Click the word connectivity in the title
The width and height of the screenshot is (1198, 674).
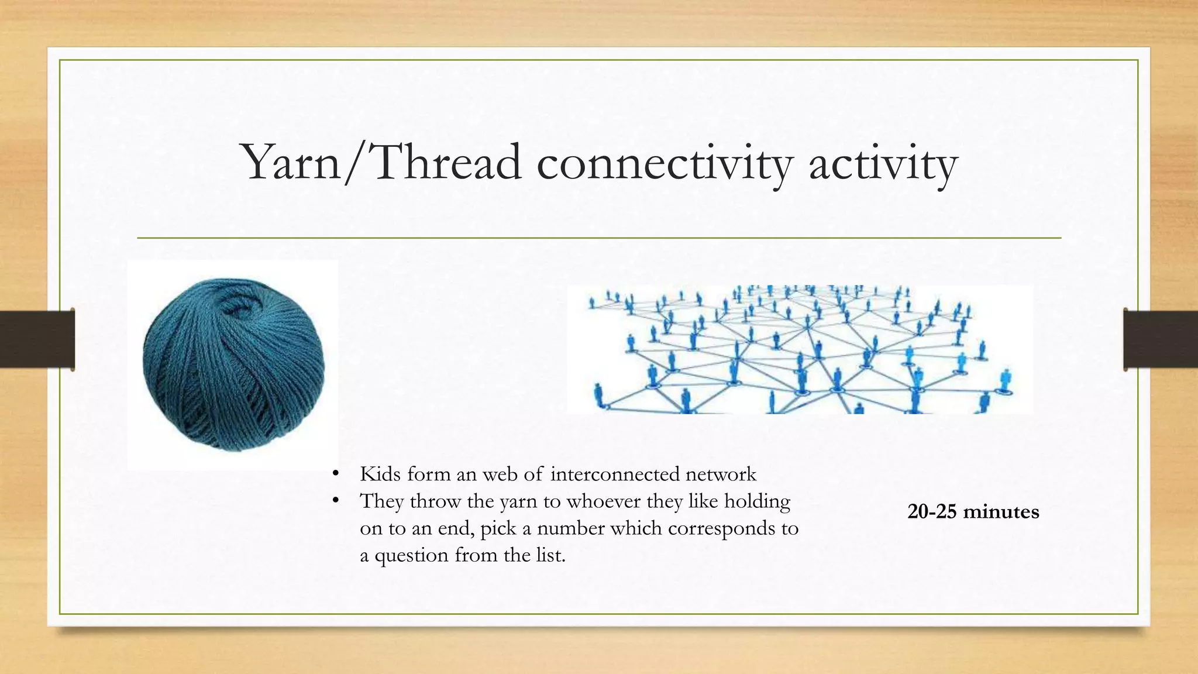point(664,164)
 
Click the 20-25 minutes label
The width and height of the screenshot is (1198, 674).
point(973,512)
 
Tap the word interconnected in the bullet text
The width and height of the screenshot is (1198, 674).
point(614,474)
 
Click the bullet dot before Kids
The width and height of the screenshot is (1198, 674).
point(335,474)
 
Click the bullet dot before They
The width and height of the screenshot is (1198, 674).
point(335,501)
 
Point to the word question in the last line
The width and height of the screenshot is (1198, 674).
point(412,555)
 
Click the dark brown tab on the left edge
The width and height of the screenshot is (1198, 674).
point(36,339)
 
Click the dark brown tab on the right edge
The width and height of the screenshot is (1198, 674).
point(1161,339)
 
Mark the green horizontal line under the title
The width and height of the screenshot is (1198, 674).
point(599,238)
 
